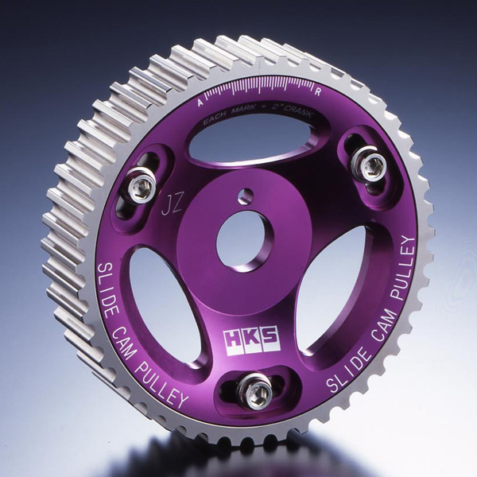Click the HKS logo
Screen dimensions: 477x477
pos(251,341)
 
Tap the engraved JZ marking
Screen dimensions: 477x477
pos(173,205)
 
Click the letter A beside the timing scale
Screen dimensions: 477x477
pos(200,103)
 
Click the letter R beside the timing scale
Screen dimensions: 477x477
pos(318,92)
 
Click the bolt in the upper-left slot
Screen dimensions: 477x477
pos(142,185)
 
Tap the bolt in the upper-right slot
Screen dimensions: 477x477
pos(370,166)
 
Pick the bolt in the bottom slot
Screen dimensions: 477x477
pos(254,391)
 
